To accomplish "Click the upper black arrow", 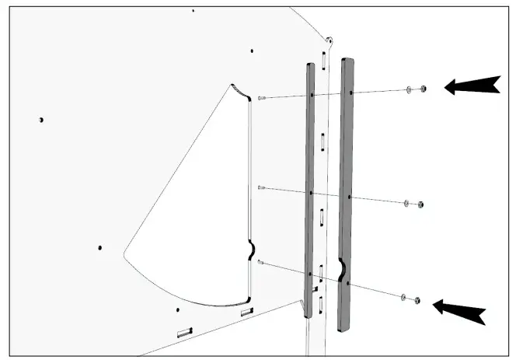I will tap(472, 86).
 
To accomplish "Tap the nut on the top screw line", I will tap(423, 89).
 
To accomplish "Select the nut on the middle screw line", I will tap(420, 205).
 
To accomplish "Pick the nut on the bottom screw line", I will tap(417, 299).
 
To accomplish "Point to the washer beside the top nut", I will tap(409, 89).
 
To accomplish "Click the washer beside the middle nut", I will tap(406, 203).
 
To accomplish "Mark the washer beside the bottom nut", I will tap(403, 297).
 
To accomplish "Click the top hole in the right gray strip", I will tap(350, 92).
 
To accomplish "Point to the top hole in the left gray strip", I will tap(312, 95).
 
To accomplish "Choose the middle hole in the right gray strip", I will tap(350, 197).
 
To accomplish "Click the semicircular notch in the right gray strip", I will tap(342, 270).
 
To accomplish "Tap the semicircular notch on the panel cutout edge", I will tap(249, 250).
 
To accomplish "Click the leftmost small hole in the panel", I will tap(41, 120).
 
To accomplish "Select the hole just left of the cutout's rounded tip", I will tap(100, 248).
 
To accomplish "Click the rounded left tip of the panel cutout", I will tap(124, 253).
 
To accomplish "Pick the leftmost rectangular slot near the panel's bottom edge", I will tap(184, 332).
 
